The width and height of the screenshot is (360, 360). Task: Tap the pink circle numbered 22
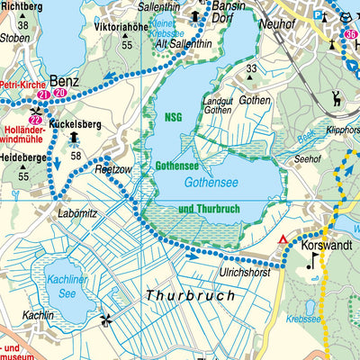(x=36, y=121)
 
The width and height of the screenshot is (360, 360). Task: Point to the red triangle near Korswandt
(x=284, y=239)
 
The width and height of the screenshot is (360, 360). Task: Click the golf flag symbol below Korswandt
(x=312, y=261)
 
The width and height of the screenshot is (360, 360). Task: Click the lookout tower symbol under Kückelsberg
(x=73, y=137)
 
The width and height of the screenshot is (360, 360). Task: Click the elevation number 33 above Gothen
(x=251, y=68)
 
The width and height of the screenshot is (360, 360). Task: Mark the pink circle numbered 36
(x=351, y=35)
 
